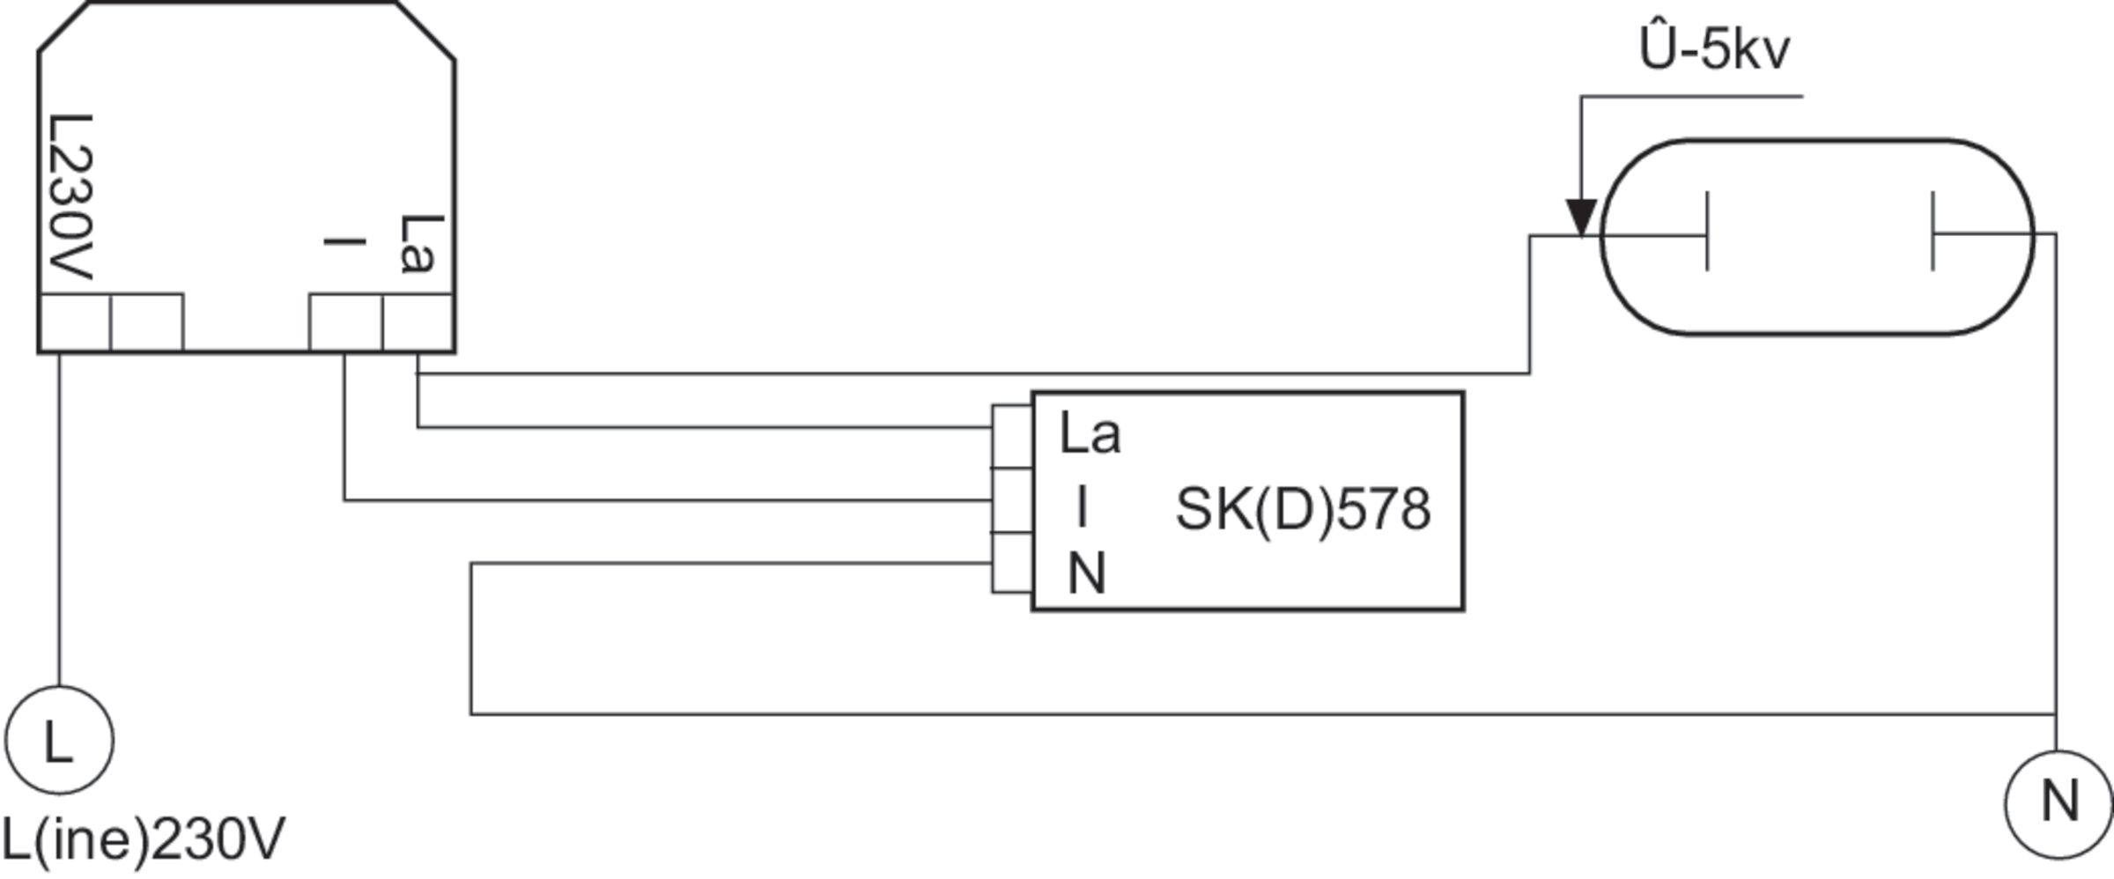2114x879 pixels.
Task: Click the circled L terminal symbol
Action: [x=59, y=740]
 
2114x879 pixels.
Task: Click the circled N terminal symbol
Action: [x=2059, y=803]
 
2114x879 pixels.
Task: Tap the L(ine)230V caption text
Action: [x=143, y=840]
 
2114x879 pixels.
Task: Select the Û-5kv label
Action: [x=1714, y=50]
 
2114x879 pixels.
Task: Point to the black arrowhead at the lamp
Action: [x=1581, y=218]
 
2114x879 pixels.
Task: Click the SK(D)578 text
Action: [x=1303, y=509]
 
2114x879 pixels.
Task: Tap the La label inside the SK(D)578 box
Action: [x=1090, y=433]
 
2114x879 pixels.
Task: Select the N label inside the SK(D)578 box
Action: [x=1086, y=574]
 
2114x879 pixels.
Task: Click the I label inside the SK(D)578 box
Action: [x=1082, y=507]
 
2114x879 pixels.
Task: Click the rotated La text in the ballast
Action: [x=417, y=243]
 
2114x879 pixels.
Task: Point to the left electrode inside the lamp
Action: [x=1706, y=231]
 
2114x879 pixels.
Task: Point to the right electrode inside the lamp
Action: [x=1933, y=231]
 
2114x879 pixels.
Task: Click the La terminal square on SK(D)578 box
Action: [x=1012, y=437]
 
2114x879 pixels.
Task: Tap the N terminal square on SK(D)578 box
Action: [x=1012, y=562]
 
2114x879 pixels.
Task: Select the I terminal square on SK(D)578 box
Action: [x=1012, y=500]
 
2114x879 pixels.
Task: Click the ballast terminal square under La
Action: [x=418, y=322]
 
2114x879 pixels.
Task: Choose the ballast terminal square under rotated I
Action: [x=346, y=322]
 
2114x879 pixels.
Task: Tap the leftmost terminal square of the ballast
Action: [x=75, y=322]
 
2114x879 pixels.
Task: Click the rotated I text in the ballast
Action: [x=344, y=240]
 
